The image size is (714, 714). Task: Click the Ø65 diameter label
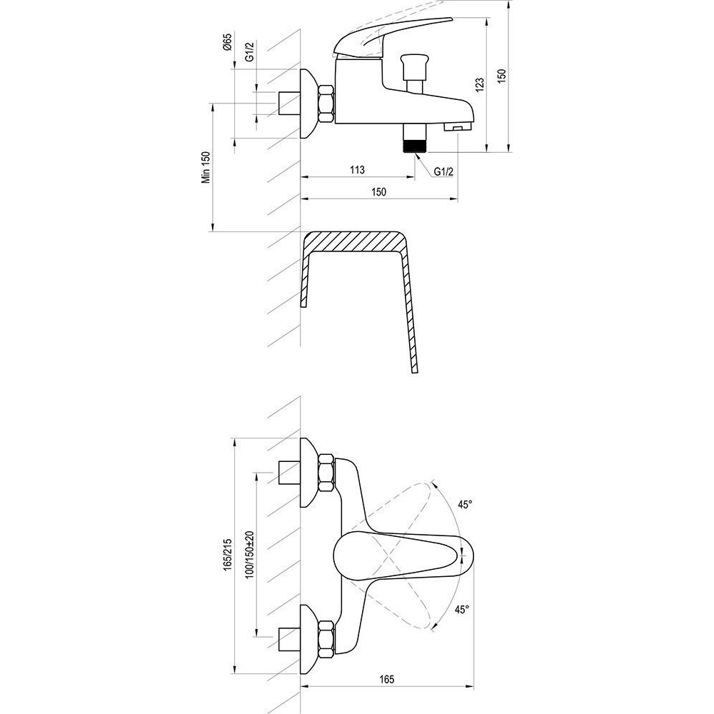[x=228, y=42]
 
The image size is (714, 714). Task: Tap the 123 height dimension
[x=480, y=85]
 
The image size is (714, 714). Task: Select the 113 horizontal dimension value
[x=358, y=170]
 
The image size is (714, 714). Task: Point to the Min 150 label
[x=206, y=167]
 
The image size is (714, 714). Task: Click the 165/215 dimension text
[x=228, y=554]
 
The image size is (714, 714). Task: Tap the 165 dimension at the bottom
[x=386, y=680]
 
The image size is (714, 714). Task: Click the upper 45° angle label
[x=465, y=505]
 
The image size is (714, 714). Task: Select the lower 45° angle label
[x=461, y=609]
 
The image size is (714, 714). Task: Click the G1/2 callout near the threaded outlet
[x=443, y=171]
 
